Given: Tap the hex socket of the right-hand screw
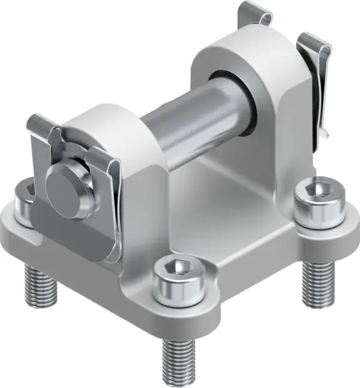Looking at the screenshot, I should tap(316, 191).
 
